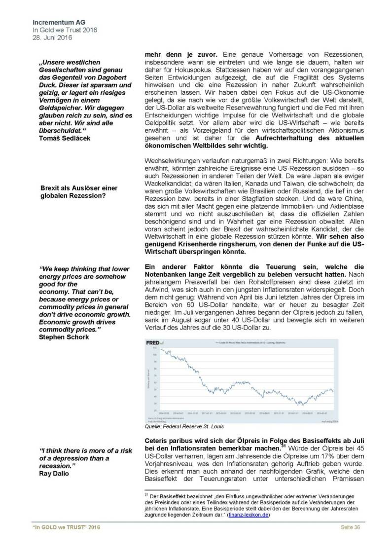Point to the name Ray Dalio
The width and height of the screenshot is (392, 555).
click(54, 474)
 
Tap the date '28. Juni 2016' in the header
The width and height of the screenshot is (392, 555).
click(50, 37)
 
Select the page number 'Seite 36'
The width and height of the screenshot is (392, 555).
click(351, 542)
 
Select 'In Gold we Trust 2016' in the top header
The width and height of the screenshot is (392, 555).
click(65, 30)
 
